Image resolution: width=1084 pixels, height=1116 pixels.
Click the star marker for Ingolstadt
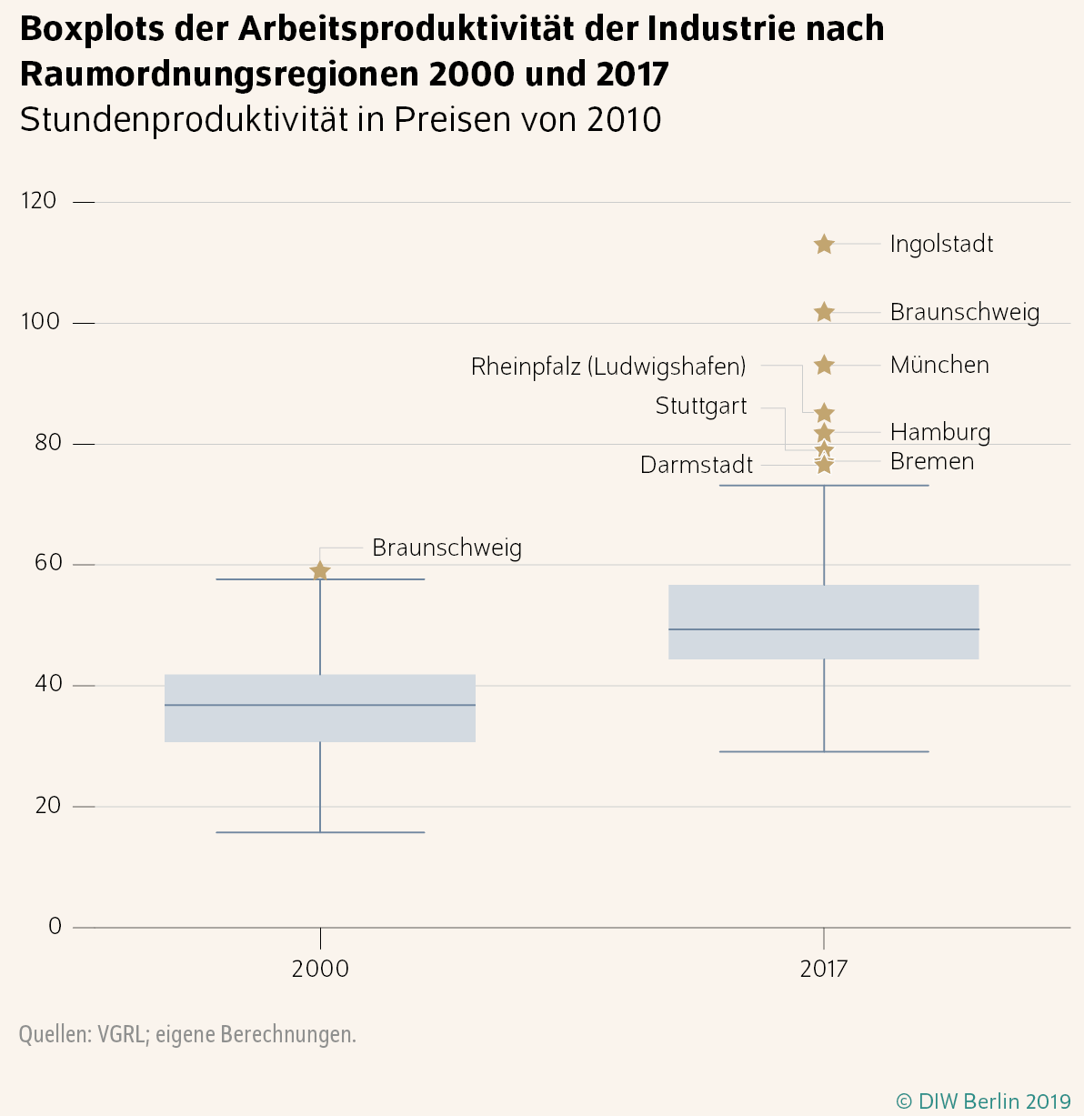pyautogui.click(x=824, y=245)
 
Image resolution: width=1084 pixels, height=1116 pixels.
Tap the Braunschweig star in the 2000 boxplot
pyautogui.click(x=320, y=571)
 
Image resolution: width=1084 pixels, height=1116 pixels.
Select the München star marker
pyautogui.click(x=824, y=366)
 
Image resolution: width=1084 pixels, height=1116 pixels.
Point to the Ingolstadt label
pyautogui.click(x=941, y=245)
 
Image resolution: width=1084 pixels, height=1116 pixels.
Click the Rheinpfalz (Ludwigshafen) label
pyautogui.click(x=608, y=367)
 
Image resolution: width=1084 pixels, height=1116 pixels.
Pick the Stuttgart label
pyautogui.click(x=701, y=407)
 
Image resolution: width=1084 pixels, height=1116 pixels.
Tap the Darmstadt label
pyautogui.click(x=697, y=466)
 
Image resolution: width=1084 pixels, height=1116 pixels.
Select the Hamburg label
pyautogui.click(x=940, y=432)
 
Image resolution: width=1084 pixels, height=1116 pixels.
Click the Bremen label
pyautogui.click(x=932, y=462)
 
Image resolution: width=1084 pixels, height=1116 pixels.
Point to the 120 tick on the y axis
pyautogui.click(x=39, y=201)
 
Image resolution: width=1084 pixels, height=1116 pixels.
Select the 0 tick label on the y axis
pyautogui.click(x=55, y=927)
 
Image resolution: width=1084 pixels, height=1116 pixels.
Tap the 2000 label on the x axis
pyautogui.click(x=320, y=969)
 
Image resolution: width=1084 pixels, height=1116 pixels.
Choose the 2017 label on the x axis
pyautogui.click(x=824, y=969)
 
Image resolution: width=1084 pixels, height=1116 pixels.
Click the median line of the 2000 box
pyautogui.click(x=320, y=705)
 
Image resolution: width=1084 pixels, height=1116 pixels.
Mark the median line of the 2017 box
pyautogui.click(x=824, y=629)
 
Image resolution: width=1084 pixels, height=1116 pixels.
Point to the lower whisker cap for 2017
pyautogui.click(x=824, y=752)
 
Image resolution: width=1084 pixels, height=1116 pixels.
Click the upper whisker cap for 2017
pyautogui.click(x=824, y=486)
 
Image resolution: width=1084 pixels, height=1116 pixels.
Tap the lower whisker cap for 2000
pyautogui.click(x=320, y=832)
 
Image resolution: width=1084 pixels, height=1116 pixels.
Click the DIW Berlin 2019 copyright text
pyautogui.click(x=984, y=1101)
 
